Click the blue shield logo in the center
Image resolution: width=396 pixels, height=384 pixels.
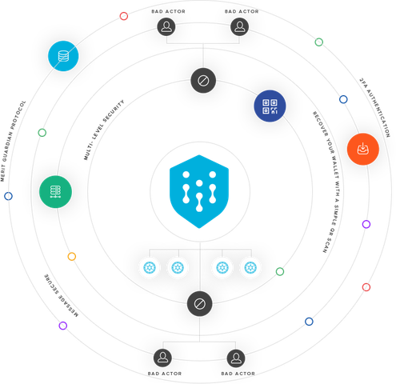199,191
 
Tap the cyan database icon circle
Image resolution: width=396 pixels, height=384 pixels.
63,56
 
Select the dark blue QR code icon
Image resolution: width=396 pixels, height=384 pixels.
270,106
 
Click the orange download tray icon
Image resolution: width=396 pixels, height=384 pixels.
363,149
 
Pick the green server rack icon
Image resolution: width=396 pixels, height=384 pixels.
55,192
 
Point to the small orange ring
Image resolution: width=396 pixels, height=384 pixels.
72,257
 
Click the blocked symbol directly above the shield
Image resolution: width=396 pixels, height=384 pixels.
203,81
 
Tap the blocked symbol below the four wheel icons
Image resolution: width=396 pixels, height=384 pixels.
200,304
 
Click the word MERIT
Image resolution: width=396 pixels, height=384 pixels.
2,174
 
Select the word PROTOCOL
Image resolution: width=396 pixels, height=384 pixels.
18,112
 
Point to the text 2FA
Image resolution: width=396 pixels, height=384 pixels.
363,83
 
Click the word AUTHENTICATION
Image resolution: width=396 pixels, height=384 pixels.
378,113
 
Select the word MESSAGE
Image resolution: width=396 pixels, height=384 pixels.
69,306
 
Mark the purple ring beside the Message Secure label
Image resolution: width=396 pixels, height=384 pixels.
63,326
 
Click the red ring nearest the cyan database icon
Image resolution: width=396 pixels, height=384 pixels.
124,16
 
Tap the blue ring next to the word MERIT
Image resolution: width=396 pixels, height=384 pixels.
8,196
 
